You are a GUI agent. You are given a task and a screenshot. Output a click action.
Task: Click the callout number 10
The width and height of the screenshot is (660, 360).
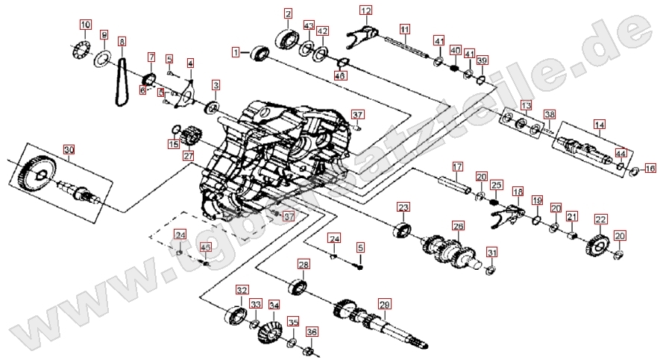coord(85,25)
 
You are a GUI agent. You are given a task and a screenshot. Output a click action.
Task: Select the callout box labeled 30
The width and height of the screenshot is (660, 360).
coord(69,150)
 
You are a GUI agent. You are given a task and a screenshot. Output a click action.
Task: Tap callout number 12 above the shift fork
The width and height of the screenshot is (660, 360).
coord(365,10)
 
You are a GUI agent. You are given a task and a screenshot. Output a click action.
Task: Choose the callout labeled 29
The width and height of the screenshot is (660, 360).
coord(384,304)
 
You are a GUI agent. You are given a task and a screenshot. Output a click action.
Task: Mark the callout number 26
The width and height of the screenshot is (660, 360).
coord(458,225)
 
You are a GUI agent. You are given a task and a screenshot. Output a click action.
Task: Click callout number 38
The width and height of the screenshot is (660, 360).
coord(550,115)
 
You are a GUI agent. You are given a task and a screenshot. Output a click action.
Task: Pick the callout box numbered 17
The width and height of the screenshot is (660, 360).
coord(457,165)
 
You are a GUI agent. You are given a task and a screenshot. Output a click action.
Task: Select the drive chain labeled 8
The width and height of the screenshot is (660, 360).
coord(119,78)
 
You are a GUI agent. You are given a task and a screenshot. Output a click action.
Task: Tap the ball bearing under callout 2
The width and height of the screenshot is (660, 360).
coord(287,38)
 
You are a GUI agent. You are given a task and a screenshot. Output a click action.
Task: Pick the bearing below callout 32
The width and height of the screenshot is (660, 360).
coord(238,314)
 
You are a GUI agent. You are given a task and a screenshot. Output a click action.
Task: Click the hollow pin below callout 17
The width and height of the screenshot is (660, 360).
coord(457,183)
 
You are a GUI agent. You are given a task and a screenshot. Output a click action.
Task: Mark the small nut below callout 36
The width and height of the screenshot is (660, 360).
coord(311,350)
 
